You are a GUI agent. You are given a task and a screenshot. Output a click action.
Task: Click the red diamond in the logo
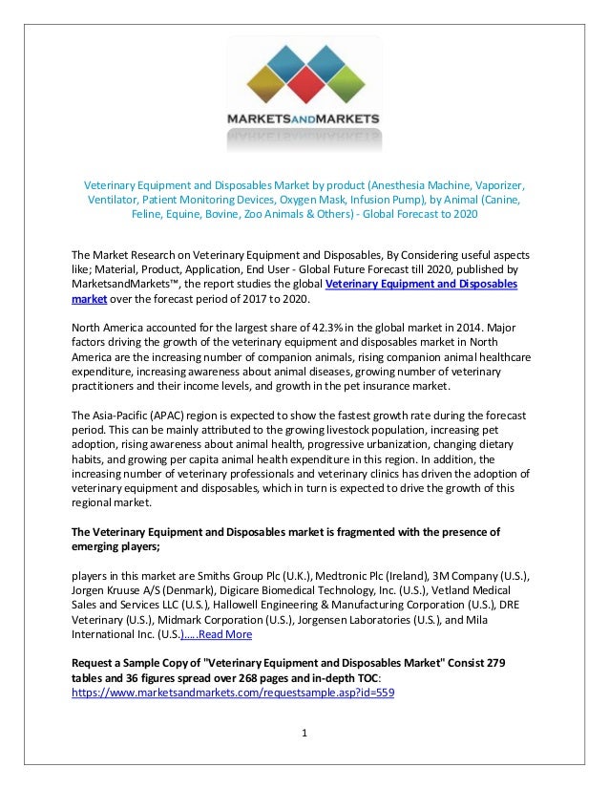[x=304, y=85]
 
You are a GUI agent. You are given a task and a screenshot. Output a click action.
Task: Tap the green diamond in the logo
[x=349, y=85]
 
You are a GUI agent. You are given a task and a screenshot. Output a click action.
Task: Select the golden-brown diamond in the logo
[x=259, y=85]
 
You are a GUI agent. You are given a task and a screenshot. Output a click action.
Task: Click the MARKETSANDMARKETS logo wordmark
[x=304, y=119]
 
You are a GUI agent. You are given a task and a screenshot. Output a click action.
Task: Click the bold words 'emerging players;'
[x=117, y=547]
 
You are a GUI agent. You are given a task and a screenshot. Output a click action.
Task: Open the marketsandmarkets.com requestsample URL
[x=233, y=693]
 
